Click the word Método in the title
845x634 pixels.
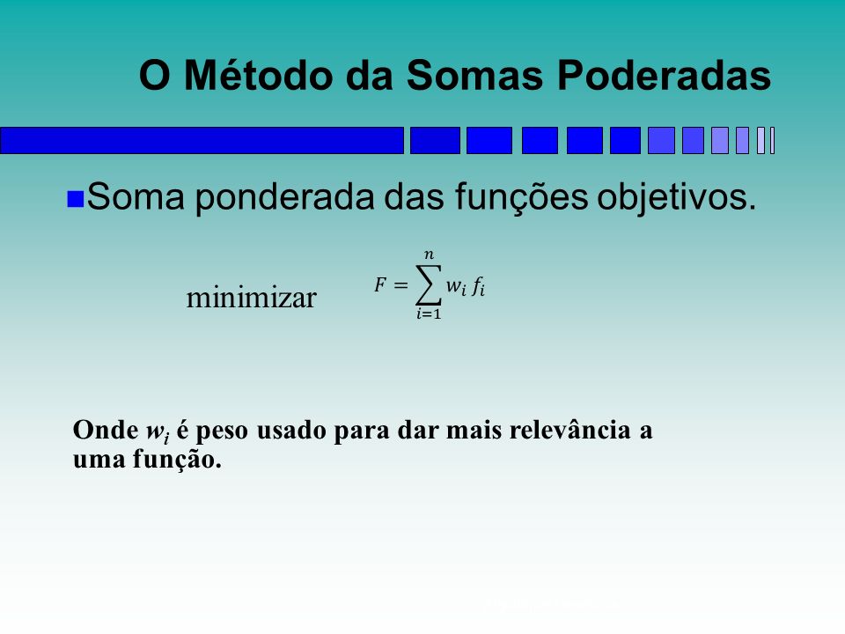(x=260, y=75)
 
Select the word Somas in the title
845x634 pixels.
(x=474, y=75)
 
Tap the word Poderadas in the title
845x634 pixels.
(x=664, y=75)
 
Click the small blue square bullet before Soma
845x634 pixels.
(x=75, y=199)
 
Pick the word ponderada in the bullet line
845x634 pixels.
(x=284, y=197)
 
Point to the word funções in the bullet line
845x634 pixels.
(x=521, y=197)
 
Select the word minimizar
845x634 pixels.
(x=251, y=298)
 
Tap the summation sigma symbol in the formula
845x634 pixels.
(x=429, y=284)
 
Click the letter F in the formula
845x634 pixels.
(x=380, y=284)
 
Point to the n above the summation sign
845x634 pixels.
(x=429, y=254)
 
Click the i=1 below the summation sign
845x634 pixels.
(x=429, y=313)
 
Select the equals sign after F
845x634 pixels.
(x=400, y=284)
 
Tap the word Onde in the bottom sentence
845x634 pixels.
(x=106, y=431)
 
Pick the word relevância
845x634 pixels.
(x=569, y=431)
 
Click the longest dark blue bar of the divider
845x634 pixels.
(x=202, y=141)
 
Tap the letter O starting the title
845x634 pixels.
(x=155, y=75)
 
